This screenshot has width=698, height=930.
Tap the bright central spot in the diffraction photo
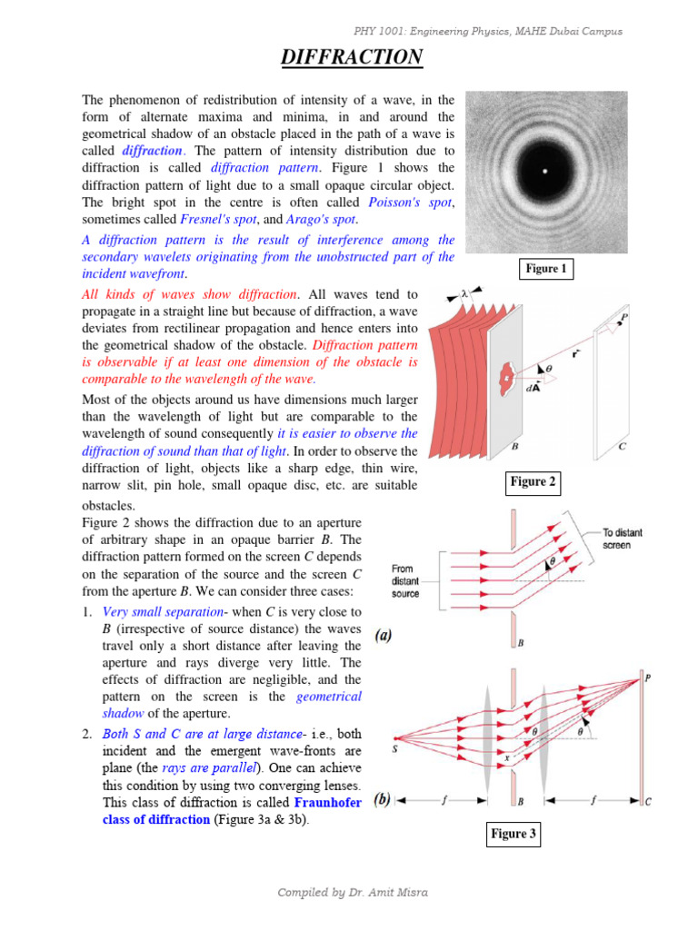coord(544,172)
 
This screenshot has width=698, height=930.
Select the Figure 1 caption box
coord(545,269)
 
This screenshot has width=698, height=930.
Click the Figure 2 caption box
coord(533,482)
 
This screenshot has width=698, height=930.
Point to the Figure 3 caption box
coord(514,834)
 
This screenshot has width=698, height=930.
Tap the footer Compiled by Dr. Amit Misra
coord(353,893)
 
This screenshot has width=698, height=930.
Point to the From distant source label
coord(405,581)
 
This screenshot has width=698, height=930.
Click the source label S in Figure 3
coord(395,749)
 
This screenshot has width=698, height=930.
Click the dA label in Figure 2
coord(534,386)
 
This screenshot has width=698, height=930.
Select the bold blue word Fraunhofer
coord(328,804)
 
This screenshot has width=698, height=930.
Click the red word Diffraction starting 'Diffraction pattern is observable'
coord(342,345)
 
